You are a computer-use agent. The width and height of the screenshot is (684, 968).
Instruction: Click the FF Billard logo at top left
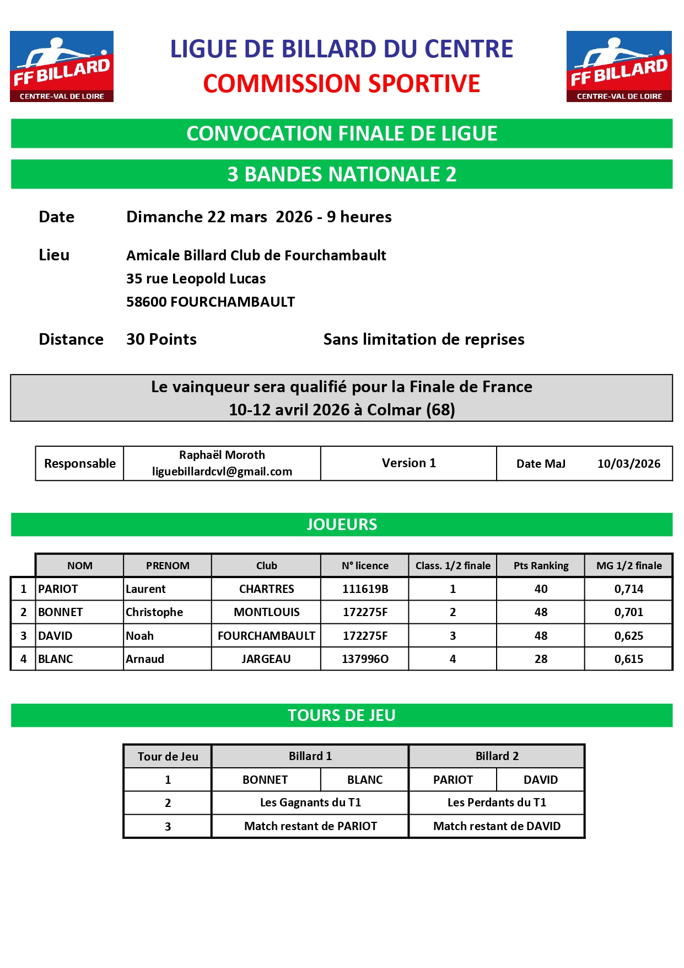click(62, 66)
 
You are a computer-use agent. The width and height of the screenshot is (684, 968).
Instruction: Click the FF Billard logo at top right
click(619, 66)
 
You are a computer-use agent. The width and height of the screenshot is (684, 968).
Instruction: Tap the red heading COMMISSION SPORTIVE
click(341, 84)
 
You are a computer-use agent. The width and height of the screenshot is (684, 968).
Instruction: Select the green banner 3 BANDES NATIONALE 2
click(342, 174)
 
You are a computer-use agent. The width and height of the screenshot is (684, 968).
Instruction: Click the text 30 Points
click(161, 339)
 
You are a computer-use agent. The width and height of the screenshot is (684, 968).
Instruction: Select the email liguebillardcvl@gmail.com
click(222, 472)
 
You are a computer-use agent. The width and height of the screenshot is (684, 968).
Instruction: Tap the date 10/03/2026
click(629, 464)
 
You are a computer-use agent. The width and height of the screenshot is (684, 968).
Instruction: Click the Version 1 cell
click(408, 463)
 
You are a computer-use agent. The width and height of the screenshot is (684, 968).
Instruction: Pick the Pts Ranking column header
click(541, 565)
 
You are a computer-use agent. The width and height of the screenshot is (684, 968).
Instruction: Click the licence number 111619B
click(365, 589)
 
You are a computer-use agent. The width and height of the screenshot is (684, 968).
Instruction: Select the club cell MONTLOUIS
click(266, 612)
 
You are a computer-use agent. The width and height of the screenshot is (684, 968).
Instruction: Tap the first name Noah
click(140, 636)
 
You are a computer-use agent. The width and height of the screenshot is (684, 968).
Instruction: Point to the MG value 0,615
click(628, 659)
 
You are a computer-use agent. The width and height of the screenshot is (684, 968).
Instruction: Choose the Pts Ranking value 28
click(541, 659)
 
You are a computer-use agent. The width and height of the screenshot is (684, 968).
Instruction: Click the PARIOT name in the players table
click(58, 589)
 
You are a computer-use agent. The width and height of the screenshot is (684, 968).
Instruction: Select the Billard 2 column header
click(497, 756)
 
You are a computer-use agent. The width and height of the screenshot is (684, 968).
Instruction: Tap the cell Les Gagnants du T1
click(310, 803)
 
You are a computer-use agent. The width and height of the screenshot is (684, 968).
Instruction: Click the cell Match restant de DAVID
click(497, 826)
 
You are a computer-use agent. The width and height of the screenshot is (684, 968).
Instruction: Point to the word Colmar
click(394, 410)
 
